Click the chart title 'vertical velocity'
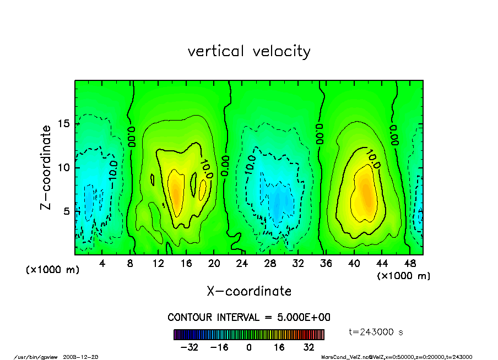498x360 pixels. pos(249,52)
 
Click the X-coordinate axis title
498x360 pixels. pos(249,291)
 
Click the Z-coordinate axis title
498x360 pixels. pos(46,167)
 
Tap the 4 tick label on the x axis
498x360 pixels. pos(102,263)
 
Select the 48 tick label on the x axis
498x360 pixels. pos(409,263)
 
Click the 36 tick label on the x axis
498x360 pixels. pos(326,263)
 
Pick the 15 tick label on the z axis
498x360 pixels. pos(64,124)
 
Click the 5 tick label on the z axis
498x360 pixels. pos(67,211)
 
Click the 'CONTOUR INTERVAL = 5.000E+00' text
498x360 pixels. pos(249,318)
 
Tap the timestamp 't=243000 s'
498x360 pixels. pos(377,332)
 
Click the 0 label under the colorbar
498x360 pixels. pos(249,347)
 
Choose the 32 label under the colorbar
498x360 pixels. pos(308,347)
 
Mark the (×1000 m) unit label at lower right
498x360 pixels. pos(403,276)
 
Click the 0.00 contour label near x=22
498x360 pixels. pos(225,165)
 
